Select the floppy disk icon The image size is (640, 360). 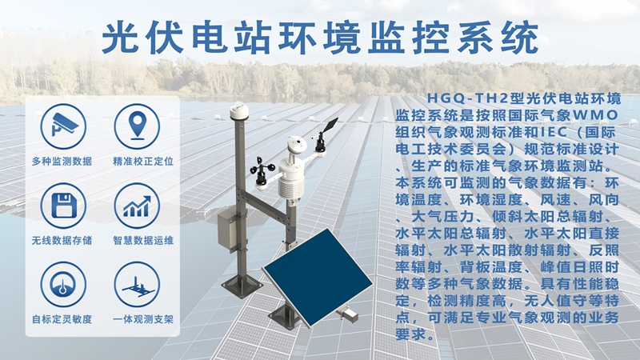click(62, 206)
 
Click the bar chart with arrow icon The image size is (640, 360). click(138, 206)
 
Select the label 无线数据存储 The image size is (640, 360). click(62, 240)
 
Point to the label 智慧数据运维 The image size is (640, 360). click(143, 240)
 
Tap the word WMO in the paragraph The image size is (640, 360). click(601, 115)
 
